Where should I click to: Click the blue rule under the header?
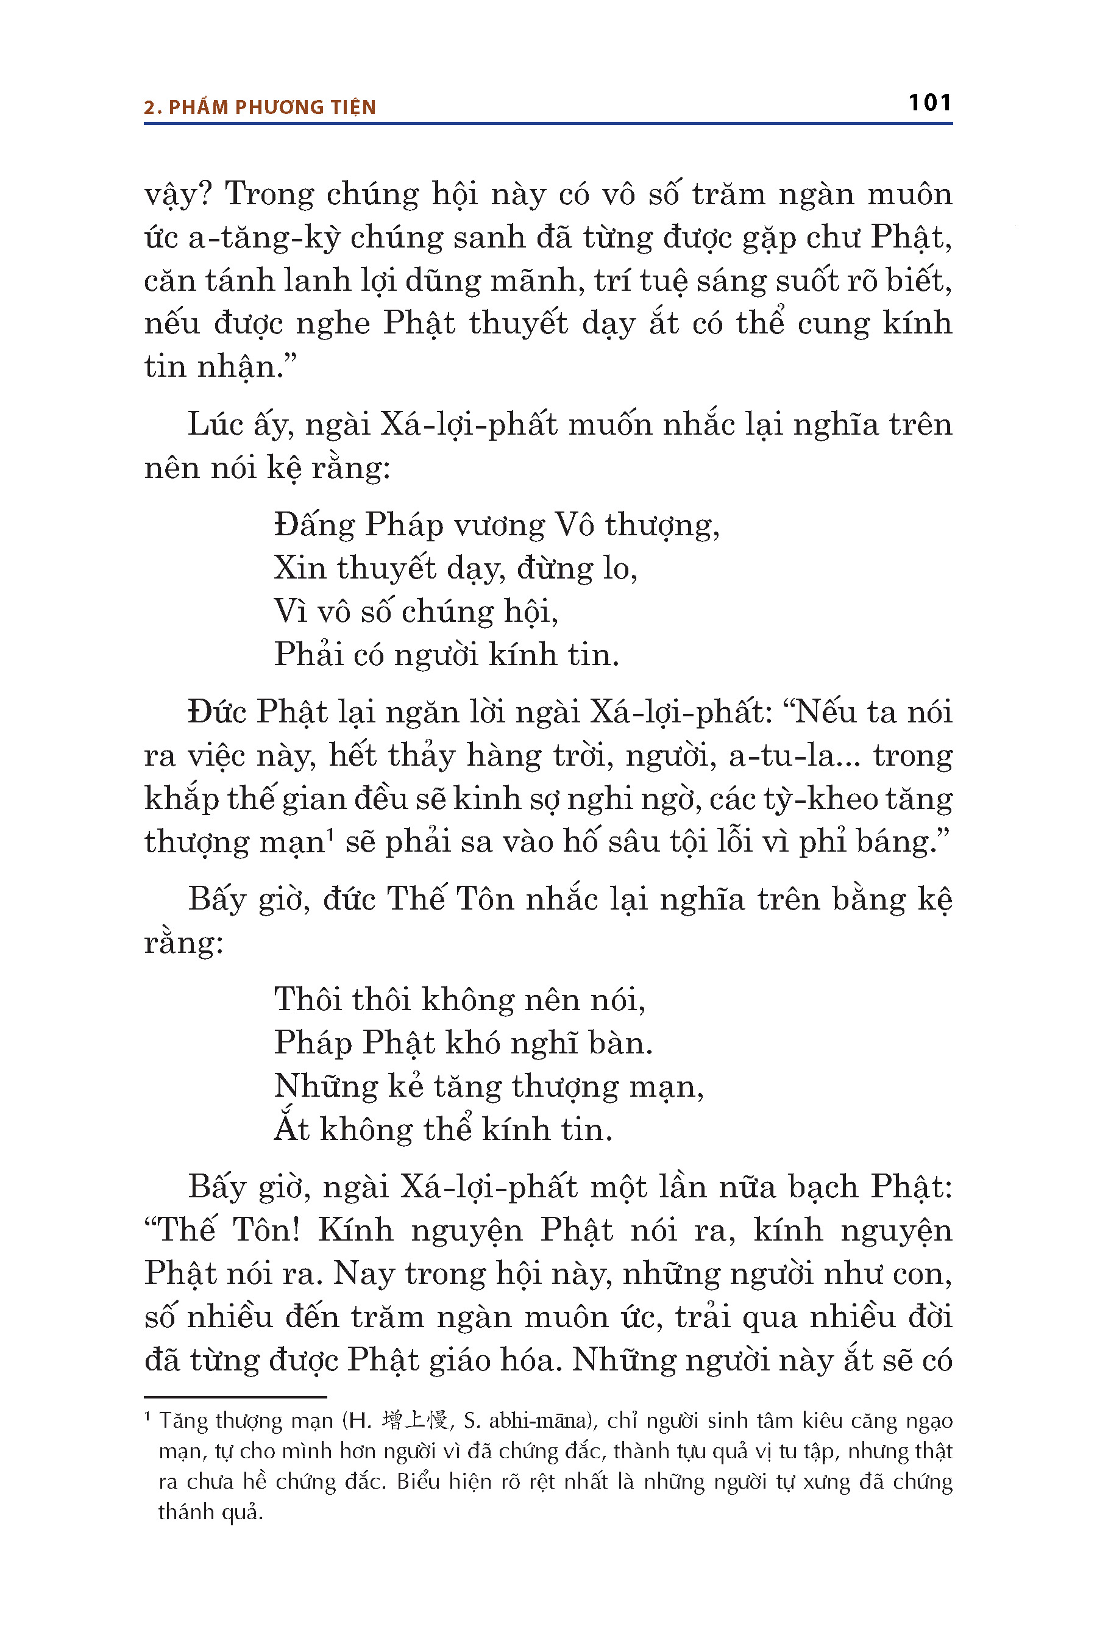(x=548, y=124)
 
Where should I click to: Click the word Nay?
(x=361, y=1274)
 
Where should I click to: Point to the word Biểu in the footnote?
(x=417, y=1481)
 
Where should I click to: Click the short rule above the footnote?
(x=235, y=1397)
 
